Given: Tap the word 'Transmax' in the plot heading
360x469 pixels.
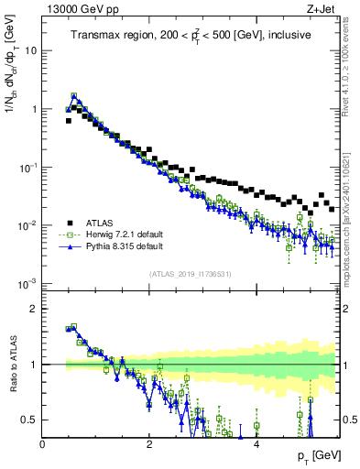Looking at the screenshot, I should [x=95, y=36].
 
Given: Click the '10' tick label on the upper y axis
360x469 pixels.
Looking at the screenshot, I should [x=31, y=50].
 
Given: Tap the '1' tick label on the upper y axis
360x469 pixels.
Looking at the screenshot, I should [x=34, y=109].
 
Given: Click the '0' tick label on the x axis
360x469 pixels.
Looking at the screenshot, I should [x=43, y=444].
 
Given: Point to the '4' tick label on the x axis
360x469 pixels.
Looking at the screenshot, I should [x=256, y=444].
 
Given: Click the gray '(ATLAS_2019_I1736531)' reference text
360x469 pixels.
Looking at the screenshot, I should [x=191, y=274].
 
